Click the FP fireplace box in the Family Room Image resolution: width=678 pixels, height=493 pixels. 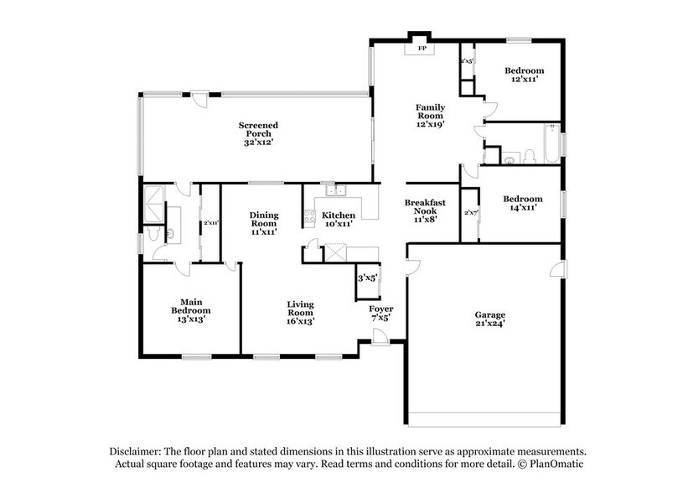click(x=422, y=49)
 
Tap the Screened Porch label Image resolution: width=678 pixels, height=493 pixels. click(x=261, y=134)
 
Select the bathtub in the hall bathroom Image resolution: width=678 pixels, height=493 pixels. click(x=549, y=144)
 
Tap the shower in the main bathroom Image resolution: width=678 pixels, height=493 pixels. click(x=153, y=202)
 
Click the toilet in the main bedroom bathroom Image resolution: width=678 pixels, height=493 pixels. click(x=153, y=235)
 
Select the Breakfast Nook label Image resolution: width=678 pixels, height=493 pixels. click(x=425, y=208)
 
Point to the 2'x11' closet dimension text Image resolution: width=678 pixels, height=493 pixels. click(x=210, y=223)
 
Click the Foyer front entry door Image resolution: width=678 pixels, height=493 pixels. click(x=380, y=336)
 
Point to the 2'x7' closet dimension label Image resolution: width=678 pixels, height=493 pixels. click(x=470, y=213)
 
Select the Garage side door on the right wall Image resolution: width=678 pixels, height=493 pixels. click(x=555, y=269)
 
